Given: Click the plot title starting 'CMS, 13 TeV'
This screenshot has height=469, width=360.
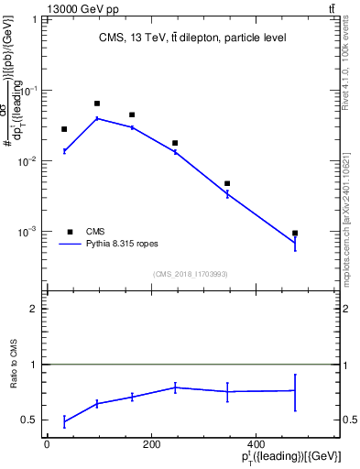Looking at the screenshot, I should pyautogui.click(x=192, y=38).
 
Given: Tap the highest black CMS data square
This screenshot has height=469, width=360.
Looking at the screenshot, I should pyautogui.click(x=97, y=104).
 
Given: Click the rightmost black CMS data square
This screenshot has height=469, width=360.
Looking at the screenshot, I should pyautogui.click(x=295, y=234).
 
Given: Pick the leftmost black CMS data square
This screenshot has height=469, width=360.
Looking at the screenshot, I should pyautogui.click(x=64, y=129).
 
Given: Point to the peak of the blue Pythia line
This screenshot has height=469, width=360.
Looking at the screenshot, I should pyautogui.click(x=97, y=118).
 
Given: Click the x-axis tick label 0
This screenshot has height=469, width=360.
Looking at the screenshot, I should pyautogui.click(x=47, y=444).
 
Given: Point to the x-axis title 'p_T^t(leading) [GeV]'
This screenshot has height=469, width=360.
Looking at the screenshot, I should pyautogui.click(x=292, y=457).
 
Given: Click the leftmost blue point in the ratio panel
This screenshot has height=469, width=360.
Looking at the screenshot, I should pyautogui.click(x=64, y=421).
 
